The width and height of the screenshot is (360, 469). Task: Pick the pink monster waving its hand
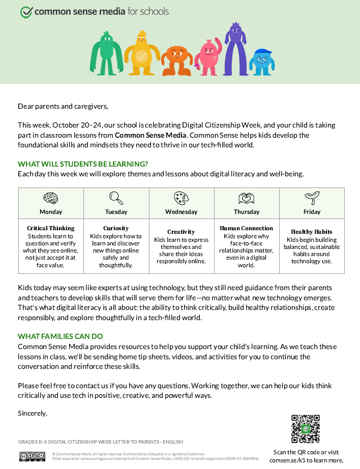(x=208, y=56)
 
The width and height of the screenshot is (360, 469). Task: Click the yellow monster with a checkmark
(x=141, y=53)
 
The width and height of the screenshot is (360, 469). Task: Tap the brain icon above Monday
(x=51, y=198)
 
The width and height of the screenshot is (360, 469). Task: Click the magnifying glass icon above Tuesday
(x=116, y=198)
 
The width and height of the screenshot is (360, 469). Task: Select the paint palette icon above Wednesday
(x=181, y=198)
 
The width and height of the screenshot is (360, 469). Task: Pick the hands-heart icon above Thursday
(x=247, y=198)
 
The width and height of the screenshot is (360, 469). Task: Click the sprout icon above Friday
(x=312, y=198)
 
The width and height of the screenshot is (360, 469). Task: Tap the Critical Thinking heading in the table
(x=51, y=228)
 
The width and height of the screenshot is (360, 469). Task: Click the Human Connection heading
(x=247, y=228)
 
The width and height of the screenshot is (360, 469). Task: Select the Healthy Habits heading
(x=312, y=232)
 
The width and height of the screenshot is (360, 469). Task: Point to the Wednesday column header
(x=181, y=212)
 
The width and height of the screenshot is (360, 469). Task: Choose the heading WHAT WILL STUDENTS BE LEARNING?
(x=83, y=164)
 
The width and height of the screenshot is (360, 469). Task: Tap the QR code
(x=306, y=429)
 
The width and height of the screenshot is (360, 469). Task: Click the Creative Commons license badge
(x=32, y=456)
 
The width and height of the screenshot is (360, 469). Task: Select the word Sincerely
(x=33, y=413)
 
